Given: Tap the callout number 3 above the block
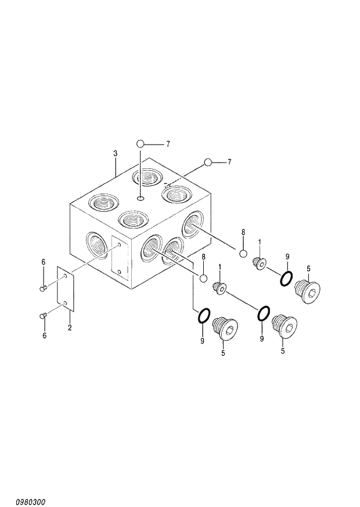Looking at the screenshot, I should (x=116, y=153).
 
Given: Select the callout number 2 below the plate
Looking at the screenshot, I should (x=70, y=328).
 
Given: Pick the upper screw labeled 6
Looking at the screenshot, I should (x=43, y=287).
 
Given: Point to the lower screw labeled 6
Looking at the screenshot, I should (x=43, y=315).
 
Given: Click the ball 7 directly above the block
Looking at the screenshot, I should (x=140, y=143).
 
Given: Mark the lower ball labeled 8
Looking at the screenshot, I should (x=203, y=278).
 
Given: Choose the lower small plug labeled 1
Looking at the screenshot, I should (x=220, y=287).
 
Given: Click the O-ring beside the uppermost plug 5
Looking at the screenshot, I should (x=286, y=279).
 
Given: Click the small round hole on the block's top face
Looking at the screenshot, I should (x=140, y=199).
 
